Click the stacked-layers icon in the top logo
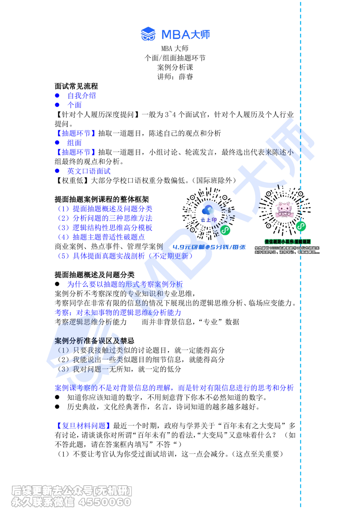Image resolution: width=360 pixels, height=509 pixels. [148, 35]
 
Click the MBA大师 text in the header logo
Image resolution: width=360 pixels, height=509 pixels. [185, 35]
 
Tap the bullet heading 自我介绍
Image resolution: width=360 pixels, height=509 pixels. [82, 96]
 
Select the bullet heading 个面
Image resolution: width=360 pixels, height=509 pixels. [75, 105]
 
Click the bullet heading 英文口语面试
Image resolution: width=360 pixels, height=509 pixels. [89, 171]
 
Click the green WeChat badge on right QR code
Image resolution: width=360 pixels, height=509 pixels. [301, 226]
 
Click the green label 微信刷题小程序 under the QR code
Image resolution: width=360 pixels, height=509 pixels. [288, 241]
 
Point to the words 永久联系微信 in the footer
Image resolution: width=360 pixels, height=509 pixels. [43, 502]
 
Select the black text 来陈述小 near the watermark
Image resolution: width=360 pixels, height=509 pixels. [279, 152]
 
